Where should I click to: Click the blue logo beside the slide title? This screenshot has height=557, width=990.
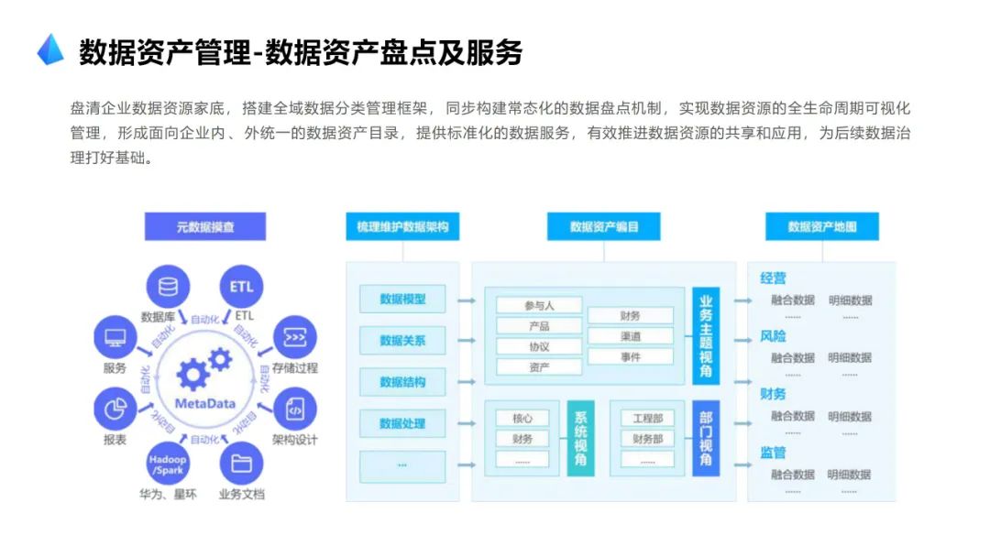click(50, 50)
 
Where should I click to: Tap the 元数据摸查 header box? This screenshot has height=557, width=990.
click(205, 226)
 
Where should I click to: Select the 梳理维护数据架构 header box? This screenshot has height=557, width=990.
click(402, 226)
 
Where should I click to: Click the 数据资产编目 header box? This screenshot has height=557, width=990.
click(604, 226)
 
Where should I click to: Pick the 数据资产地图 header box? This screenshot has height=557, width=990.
click(822, 226)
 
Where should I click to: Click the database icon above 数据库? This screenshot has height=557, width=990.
click(168, 288)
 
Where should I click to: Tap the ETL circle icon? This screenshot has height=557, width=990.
click(242, 288)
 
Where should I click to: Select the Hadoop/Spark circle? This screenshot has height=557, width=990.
click(168, 464)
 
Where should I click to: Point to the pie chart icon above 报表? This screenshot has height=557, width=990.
click(115, 408)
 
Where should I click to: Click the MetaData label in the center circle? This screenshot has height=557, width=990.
click(205, 404)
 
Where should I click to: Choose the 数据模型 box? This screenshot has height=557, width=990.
click(402, 299)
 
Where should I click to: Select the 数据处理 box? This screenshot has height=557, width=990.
click(402, 424)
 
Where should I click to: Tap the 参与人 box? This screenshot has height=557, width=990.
click(539, 305)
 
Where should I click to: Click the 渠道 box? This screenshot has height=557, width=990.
click(631, 336)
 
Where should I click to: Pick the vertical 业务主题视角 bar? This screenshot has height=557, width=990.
click(706, 336)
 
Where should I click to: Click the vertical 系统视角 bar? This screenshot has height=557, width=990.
click(580, 438)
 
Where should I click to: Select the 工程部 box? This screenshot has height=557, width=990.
click(648, 419)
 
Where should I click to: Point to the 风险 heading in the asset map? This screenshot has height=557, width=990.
click(773, 336)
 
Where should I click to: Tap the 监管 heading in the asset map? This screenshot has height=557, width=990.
click(773, 453)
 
